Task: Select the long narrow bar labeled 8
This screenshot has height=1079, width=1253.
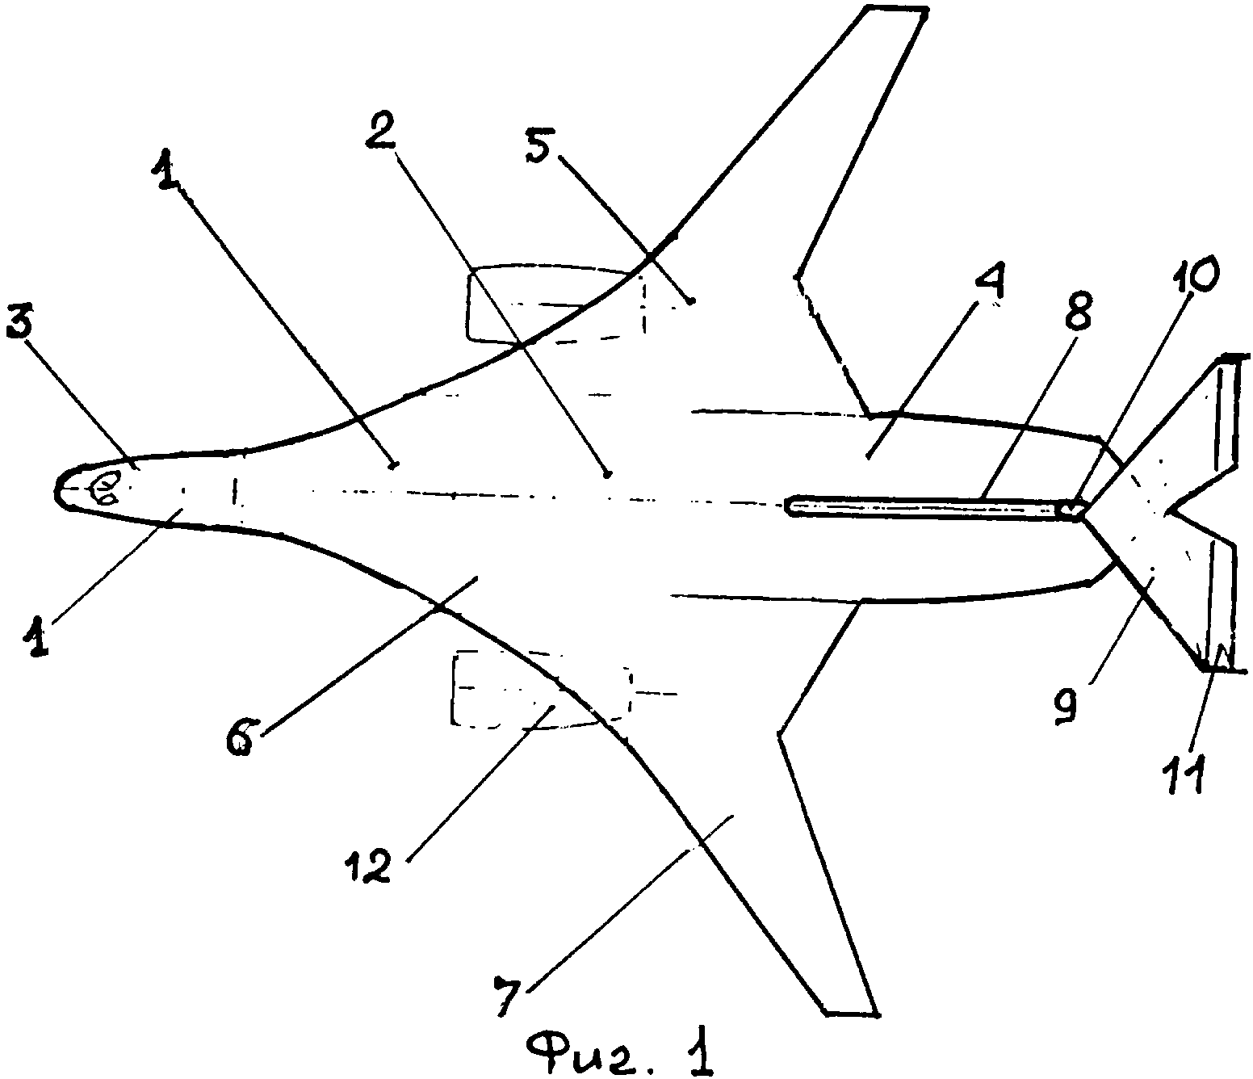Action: tap(928, 506)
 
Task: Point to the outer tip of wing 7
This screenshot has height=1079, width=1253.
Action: tap(852, 1011)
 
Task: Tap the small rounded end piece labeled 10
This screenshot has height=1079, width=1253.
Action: tap(1071, 509)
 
